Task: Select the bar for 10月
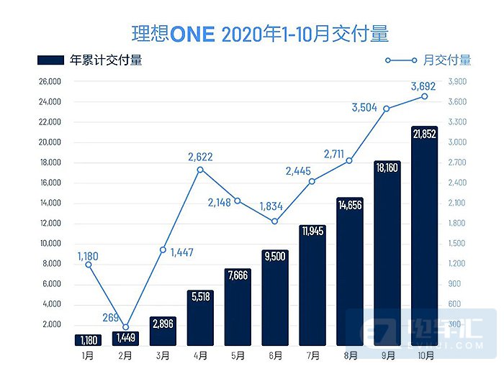pos(423,237)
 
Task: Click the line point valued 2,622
pos(200,170)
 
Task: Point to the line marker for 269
pos(125,327)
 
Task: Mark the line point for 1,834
pos(274,221)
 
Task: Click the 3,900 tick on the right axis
pos(459,82)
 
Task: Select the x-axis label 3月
pos(163,355)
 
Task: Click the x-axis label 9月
pos(387,355)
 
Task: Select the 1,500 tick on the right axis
pos(459,244)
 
